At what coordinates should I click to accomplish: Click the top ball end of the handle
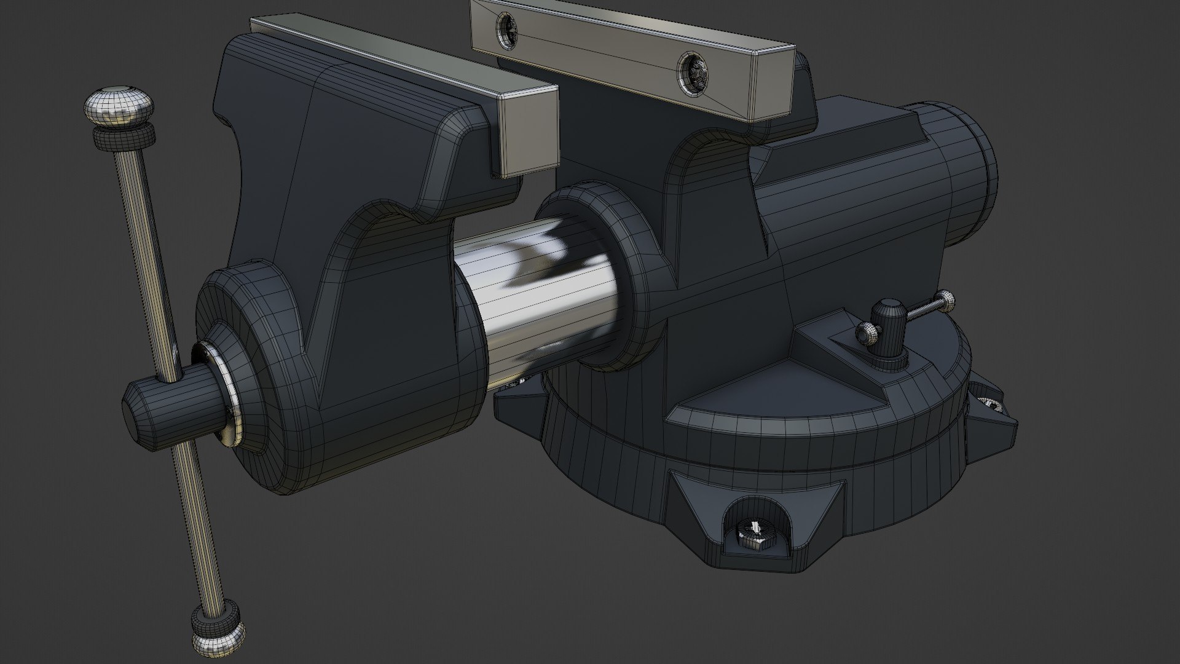118,107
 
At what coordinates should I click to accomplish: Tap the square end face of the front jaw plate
529,132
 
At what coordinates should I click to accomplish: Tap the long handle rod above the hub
144,246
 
